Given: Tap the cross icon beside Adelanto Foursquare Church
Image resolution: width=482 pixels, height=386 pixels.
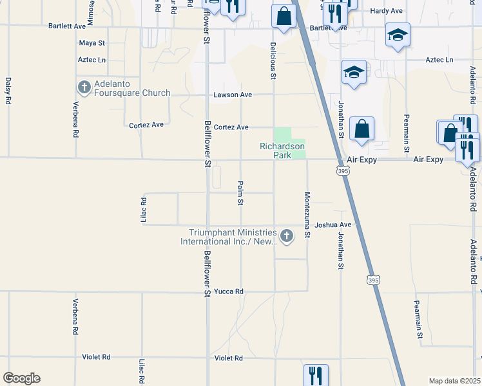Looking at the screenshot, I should point(83,87).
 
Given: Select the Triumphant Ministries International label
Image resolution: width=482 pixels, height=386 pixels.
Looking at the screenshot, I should point(233,237).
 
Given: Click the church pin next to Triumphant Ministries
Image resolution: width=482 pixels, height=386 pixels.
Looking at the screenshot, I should point(286,237).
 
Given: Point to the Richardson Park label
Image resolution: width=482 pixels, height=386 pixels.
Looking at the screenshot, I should point(282,151).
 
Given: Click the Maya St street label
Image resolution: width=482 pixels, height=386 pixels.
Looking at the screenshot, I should point(92,43).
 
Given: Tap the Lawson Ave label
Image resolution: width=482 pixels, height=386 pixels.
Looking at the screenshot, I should point(233,95).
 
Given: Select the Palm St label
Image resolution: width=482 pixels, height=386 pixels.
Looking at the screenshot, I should point(240,193).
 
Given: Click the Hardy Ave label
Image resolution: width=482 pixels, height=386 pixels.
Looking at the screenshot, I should point(386,11).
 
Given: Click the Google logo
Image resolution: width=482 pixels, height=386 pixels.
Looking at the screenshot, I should point(21,378).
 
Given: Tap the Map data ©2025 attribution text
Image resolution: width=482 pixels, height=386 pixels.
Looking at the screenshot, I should point(455,381).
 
